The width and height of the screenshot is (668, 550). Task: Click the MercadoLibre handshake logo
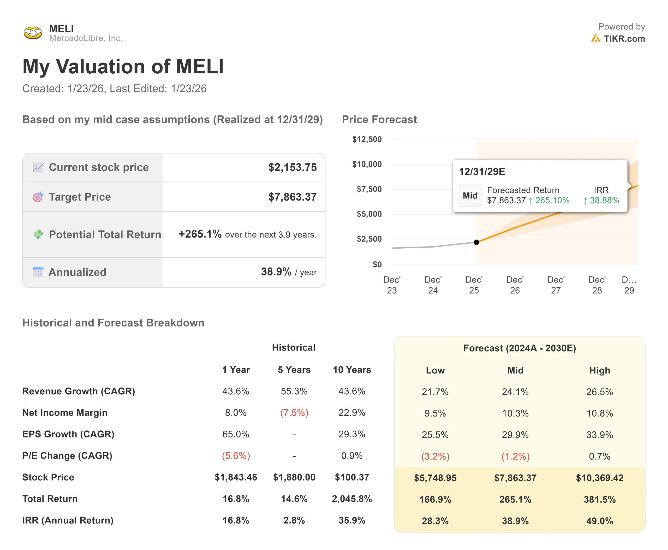click(33, 33)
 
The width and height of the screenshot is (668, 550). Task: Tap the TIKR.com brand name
click(624, 39)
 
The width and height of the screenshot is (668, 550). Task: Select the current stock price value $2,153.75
click(292, 167)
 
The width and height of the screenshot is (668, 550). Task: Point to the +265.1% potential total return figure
click(200, 234)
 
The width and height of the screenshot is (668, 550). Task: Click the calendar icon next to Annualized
click(38, 272)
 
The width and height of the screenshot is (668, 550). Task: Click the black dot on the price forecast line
click(476, 242)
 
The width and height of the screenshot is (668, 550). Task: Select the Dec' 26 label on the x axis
click(515, 285)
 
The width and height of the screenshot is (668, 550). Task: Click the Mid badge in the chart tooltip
click(470, 196)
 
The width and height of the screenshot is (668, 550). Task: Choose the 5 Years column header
click(294, 370)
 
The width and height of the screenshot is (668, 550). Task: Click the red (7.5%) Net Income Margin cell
click(294, 413)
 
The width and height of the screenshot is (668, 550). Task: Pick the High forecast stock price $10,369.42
click(599, 478)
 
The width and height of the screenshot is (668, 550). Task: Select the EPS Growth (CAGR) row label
click(68, 434)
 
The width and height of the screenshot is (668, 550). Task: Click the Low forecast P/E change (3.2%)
click(435, 456)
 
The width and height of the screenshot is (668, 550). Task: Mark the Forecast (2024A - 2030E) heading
click(519, 348)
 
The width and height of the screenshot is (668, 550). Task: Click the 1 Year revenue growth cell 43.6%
click(236, 391)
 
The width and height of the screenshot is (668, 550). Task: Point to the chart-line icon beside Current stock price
click(38, 167)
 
